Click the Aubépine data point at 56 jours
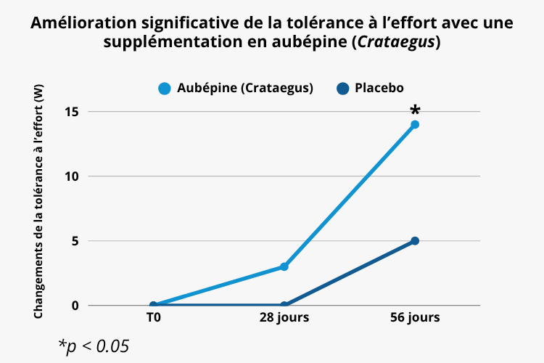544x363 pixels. (x=415, y=124)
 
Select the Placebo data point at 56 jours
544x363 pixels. (x=415, y=240)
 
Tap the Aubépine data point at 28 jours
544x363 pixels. (x=284, y=266)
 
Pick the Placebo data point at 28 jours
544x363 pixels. (x=284, y=305)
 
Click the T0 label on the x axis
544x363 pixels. (x=153, y=318)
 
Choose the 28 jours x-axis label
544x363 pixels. (x=284, y=318)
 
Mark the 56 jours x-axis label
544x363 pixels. (x=415, y=318)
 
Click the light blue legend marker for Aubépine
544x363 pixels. (x=165, y=89)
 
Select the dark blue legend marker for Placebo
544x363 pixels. (x=343, y=89)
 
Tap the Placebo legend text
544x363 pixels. (x=379, y=89)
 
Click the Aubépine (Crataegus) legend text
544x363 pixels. (x=245, y=89)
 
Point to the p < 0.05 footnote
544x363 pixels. (x=94, y=345)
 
